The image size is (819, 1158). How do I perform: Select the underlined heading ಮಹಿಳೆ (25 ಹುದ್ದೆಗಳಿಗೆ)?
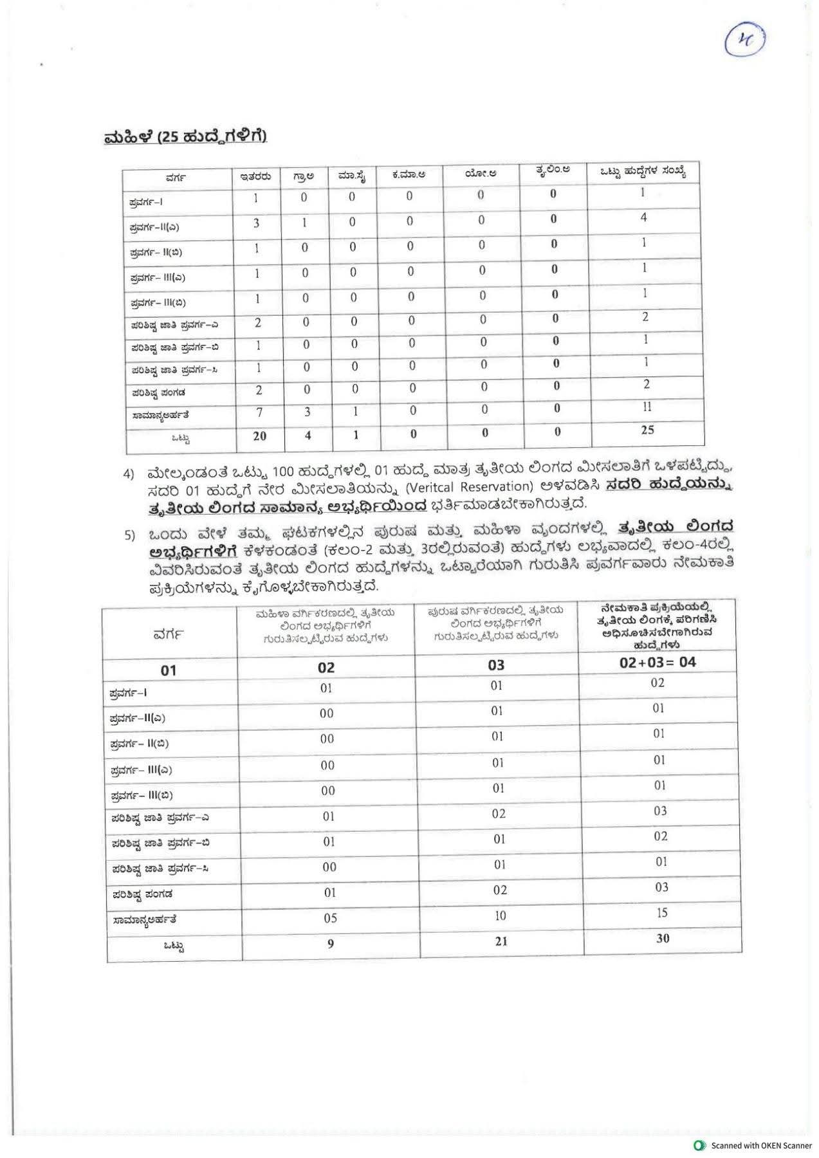point(185,137)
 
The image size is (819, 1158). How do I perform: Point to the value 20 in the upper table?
point(259,436)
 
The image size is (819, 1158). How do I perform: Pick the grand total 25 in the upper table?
point(647,430)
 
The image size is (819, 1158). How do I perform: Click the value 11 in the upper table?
point(647,407)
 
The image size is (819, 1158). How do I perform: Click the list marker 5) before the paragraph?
point(129,535)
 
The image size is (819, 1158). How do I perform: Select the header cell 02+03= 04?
point(658,662)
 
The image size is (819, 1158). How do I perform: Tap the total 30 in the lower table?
point(663,938)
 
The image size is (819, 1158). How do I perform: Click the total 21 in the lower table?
point(501,941)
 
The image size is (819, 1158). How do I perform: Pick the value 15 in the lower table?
point(662,912)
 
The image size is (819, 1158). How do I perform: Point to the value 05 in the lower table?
point(329,918)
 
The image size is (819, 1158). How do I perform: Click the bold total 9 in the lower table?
point(330,944)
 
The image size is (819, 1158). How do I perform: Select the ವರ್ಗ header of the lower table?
point(169,634)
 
